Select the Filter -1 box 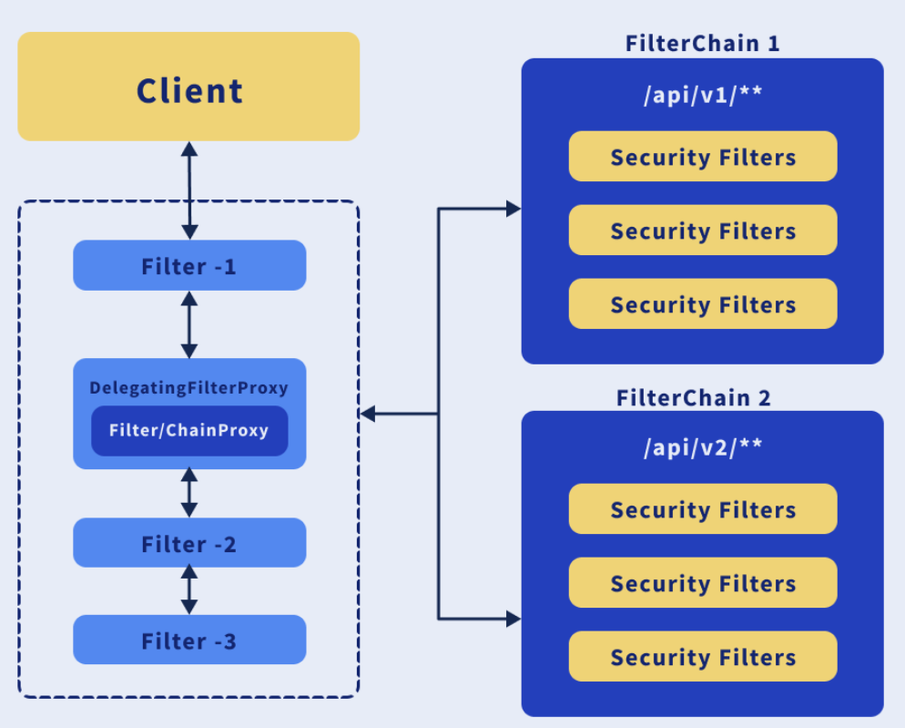click(189, 265)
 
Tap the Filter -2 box click(189, 543)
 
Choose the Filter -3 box click(189, 640)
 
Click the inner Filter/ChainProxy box click(189, 430)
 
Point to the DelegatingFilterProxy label click(188, 388)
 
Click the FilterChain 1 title click(702, 43)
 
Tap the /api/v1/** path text click(702, 97)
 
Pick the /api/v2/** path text click(702, 447)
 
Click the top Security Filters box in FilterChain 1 click(703, 157)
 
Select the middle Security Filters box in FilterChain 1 click(703, 231)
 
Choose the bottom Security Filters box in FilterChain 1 click(703, 304)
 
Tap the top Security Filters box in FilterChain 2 click(703, 509)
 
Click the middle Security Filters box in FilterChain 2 click(703, 583)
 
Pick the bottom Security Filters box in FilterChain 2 click(703, 657)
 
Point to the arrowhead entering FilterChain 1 click(513, 209)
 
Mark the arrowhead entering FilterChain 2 click(513, 620)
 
